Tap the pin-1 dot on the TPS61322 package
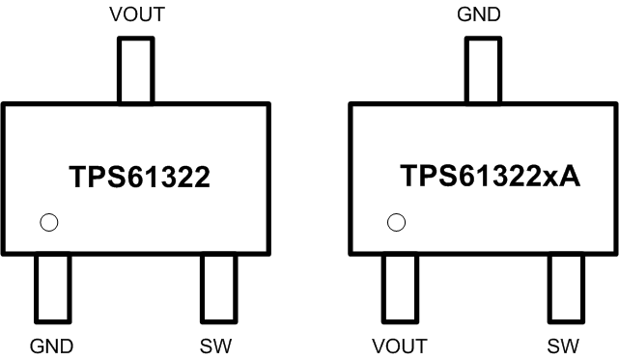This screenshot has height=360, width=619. [49, 223]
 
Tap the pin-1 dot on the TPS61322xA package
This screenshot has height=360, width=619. [396, 223]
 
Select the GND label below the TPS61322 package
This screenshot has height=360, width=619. [52, 345]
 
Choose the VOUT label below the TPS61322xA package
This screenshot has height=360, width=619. [400, 345]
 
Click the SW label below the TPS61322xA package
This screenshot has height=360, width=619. [565, 345]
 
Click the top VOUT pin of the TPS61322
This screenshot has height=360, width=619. [135, 69]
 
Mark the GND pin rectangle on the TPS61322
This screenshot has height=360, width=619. [52, 288]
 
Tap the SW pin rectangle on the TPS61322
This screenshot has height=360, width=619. [218, 288]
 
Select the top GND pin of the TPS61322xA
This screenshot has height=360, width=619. [483, 69]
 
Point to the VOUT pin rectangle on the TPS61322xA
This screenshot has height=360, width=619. [400, 288]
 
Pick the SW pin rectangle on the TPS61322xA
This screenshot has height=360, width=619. [565, 288]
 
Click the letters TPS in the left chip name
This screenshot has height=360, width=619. [91, 178]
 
